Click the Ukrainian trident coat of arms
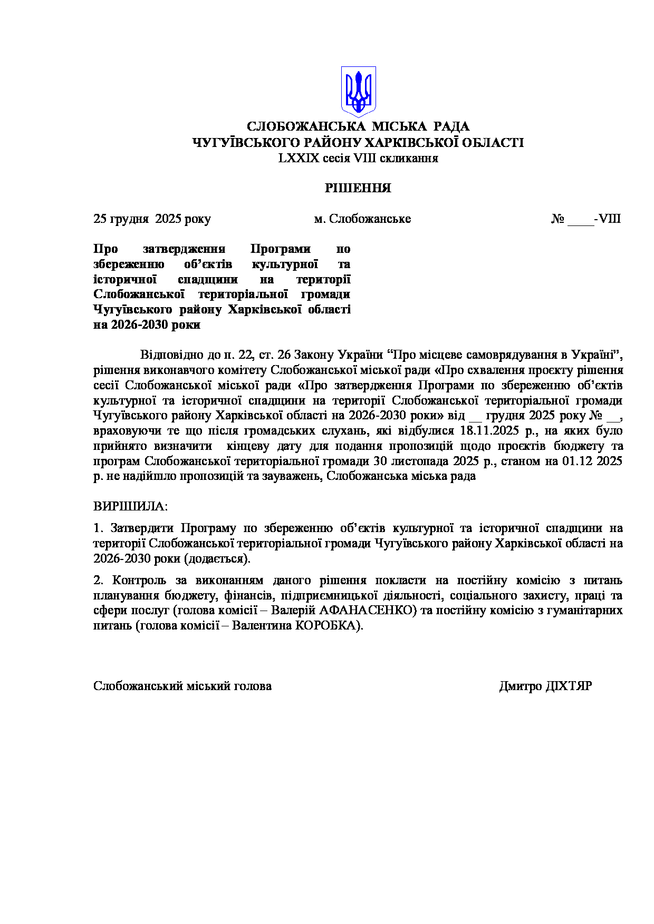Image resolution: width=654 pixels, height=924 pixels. pyautogui.click(x=358, y=91)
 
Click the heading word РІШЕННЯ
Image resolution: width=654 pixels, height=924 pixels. pyautogui.click(x=358, y=188)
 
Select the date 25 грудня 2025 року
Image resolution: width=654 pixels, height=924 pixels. pyautogui.click(x=152, y=219)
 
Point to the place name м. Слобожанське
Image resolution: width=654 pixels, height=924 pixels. pyautogui.click(x=362, y=219)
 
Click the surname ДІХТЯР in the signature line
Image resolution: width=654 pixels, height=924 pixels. pyautogui.click(x=569, y=686)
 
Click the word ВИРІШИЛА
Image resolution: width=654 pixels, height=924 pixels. pyautogui.click(x=130, y=506)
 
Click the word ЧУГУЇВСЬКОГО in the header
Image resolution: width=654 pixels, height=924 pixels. pyautogui.click(x=243, y=142)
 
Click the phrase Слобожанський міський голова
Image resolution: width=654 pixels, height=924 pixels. pyautogui.click(x=182, y=686)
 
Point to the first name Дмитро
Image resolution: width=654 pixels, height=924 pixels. pyautogui.click(x=520, y=686)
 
